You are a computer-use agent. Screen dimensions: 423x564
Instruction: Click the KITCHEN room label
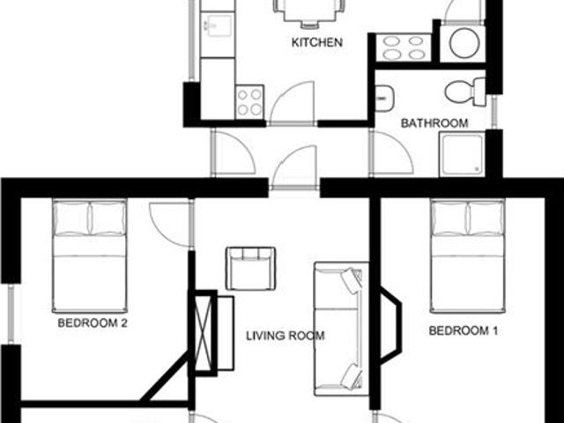click(316, 42)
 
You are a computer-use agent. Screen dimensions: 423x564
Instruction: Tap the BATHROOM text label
click(434, 123)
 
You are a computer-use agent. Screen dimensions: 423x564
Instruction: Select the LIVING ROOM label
click(285, 336)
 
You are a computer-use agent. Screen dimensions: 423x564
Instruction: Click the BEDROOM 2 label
click(93, 323)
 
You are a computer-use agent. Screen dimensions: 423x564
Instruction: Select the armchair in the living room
click(251, 268)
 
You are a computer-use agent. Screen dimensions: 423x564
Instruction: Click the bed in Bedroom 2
click(89, 256)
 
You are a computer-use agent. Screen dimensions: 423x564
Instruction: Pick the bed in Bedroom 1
click(467, 256)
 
